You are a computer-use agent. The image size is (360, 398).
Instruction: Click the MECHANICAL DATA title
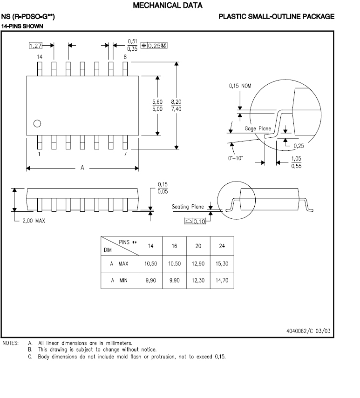coord(167,6)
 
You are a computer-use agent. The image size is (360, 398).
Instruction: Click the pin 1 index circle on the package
coord(37,123)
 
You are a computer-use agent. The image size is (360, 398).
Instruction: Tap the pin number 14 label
coord(40,56)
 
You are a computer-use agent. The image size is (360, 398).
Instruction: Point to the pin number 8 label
coord(125,56)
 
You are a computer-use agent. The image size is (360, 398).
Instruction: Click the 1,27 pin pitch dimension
coord(35,46)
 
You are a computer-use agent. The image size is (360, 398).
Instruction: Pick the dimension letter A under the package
coord(82,168)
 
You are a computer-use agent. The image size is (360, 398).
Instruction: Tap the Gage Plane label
coord(258,128)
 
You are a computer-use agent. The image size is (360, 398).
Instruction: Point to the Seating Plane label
coord(188,207)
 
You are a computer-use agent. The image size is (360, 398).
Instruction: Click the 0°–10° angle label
coord(236,158)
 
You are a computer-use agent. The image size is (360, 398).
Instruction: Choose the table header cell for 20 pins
coord(198,246)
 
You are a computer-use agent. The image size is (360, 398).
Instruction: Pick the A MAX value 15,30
coord(222,263)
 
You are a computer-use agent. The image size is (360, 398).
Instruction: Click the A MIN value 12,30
coord(198,281)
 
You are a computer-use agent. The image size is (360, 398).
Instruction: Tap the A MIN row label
coord(119,281)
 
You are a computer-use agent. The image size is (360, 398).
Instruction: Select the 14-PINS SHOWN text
coord(22,26)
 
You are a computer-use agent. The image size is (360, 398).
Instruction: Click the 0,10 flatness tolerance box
coord(196,221)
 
